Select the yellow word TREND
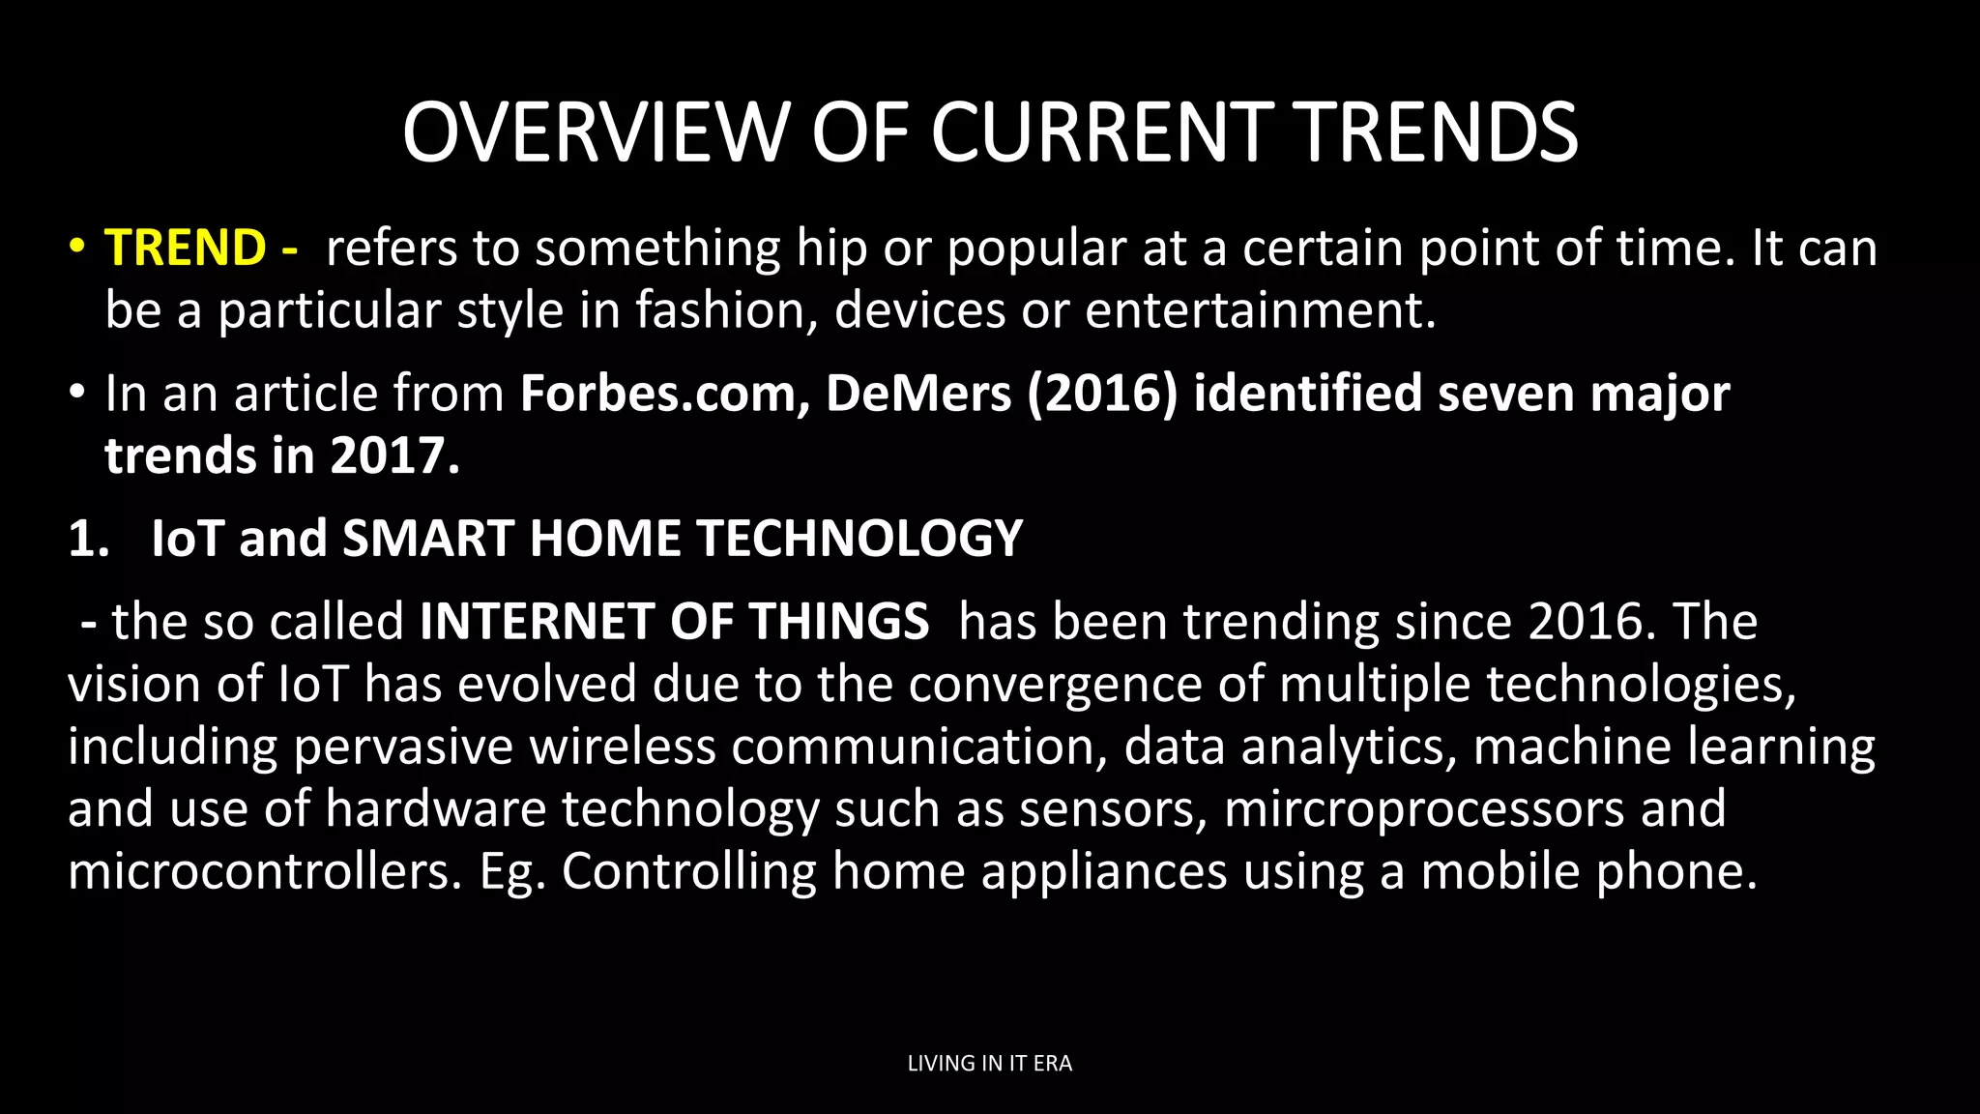[x=185, y=248]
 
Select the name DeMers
[x=918, y=394]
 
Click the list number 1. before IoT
[x=88, y=539]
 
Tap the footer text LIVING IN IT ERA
[x=989, y=1063]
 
